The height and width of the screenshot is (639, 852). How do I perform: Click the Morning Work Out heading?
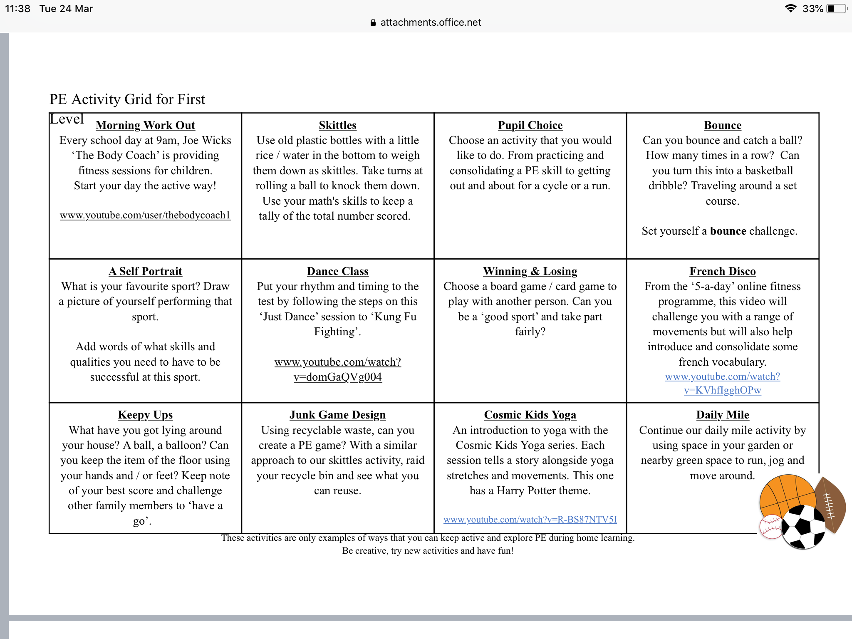coord(145,125)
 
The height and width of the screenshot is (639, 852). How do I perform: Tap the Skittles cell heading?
coord(337,125)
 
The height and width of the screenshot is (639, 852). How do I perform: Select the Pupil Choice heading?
coord(530,125)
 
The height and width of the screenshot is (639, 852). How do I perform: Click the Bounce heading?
coord(723,125)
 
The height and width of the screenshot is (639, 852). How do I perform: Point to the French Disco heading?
coord(723,271)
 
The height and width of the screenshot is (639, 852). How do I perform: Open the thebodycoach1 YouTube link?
coord(145,215)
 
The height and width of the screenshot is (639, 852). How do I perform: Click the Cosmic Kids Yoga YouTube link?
coord(530,520)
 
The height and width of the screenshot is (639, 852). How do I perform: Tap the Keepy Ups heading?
coord(145,415)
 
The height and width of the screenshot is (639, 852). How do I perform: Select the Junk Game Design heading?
coord(337,415)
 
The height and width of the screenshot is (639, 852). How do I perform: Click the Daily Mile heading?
coord(723,415)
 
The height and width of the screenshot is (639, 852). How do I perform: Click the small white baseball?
coord(770,527)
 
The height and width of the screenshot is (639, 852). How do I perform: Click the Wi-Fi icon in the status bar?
coord(790,9)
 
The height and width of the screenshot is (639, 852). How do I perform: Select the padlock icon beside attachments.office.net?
coord(373,22)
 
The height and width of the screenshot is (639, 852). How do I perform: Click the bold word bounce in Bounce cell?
coord(728,231)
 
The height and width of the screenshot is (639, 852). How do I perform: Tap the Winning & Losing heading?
coord(530,271)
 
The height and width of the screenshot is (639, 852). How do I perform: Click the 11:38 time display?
coord(17,9)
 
